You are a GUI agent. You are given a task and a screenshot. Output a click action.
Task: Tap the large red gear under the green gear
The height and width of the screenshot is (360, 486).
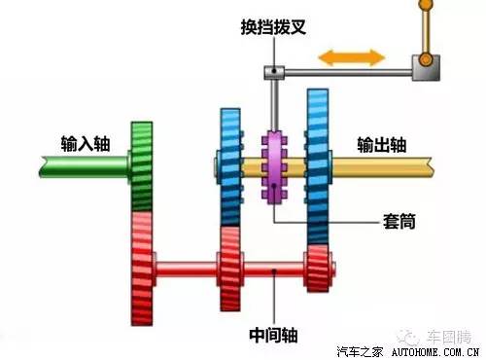(x=142, y=264)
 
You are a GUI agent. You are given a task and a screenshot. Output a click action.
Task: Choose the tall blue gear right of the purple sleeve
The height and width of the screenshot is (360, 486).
(x=319, y=165)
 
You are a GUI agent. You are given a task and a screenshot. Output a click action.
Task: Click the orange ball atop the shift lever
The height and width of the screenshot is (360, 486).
(x=425, y=7)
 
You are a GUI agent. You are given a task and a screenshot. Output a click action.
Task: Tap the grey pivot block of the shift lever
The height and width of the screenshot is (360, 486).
(x=425, y=68)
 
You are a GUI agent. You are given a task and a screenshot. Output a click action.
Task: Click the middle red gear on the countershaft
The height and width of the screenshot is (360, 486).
(x=230, y=267)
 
